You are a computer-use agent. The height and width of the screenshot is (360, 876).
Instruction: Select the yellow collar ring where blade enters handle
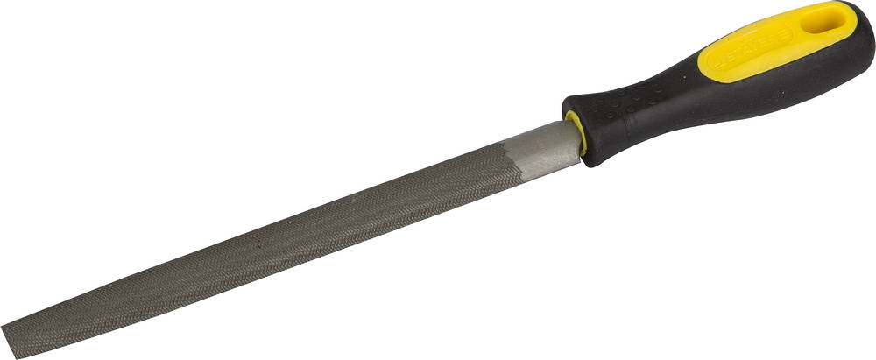[576, 135]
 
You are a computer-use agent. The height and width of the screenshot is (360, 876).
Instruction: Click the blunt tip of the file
[11, 338]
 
